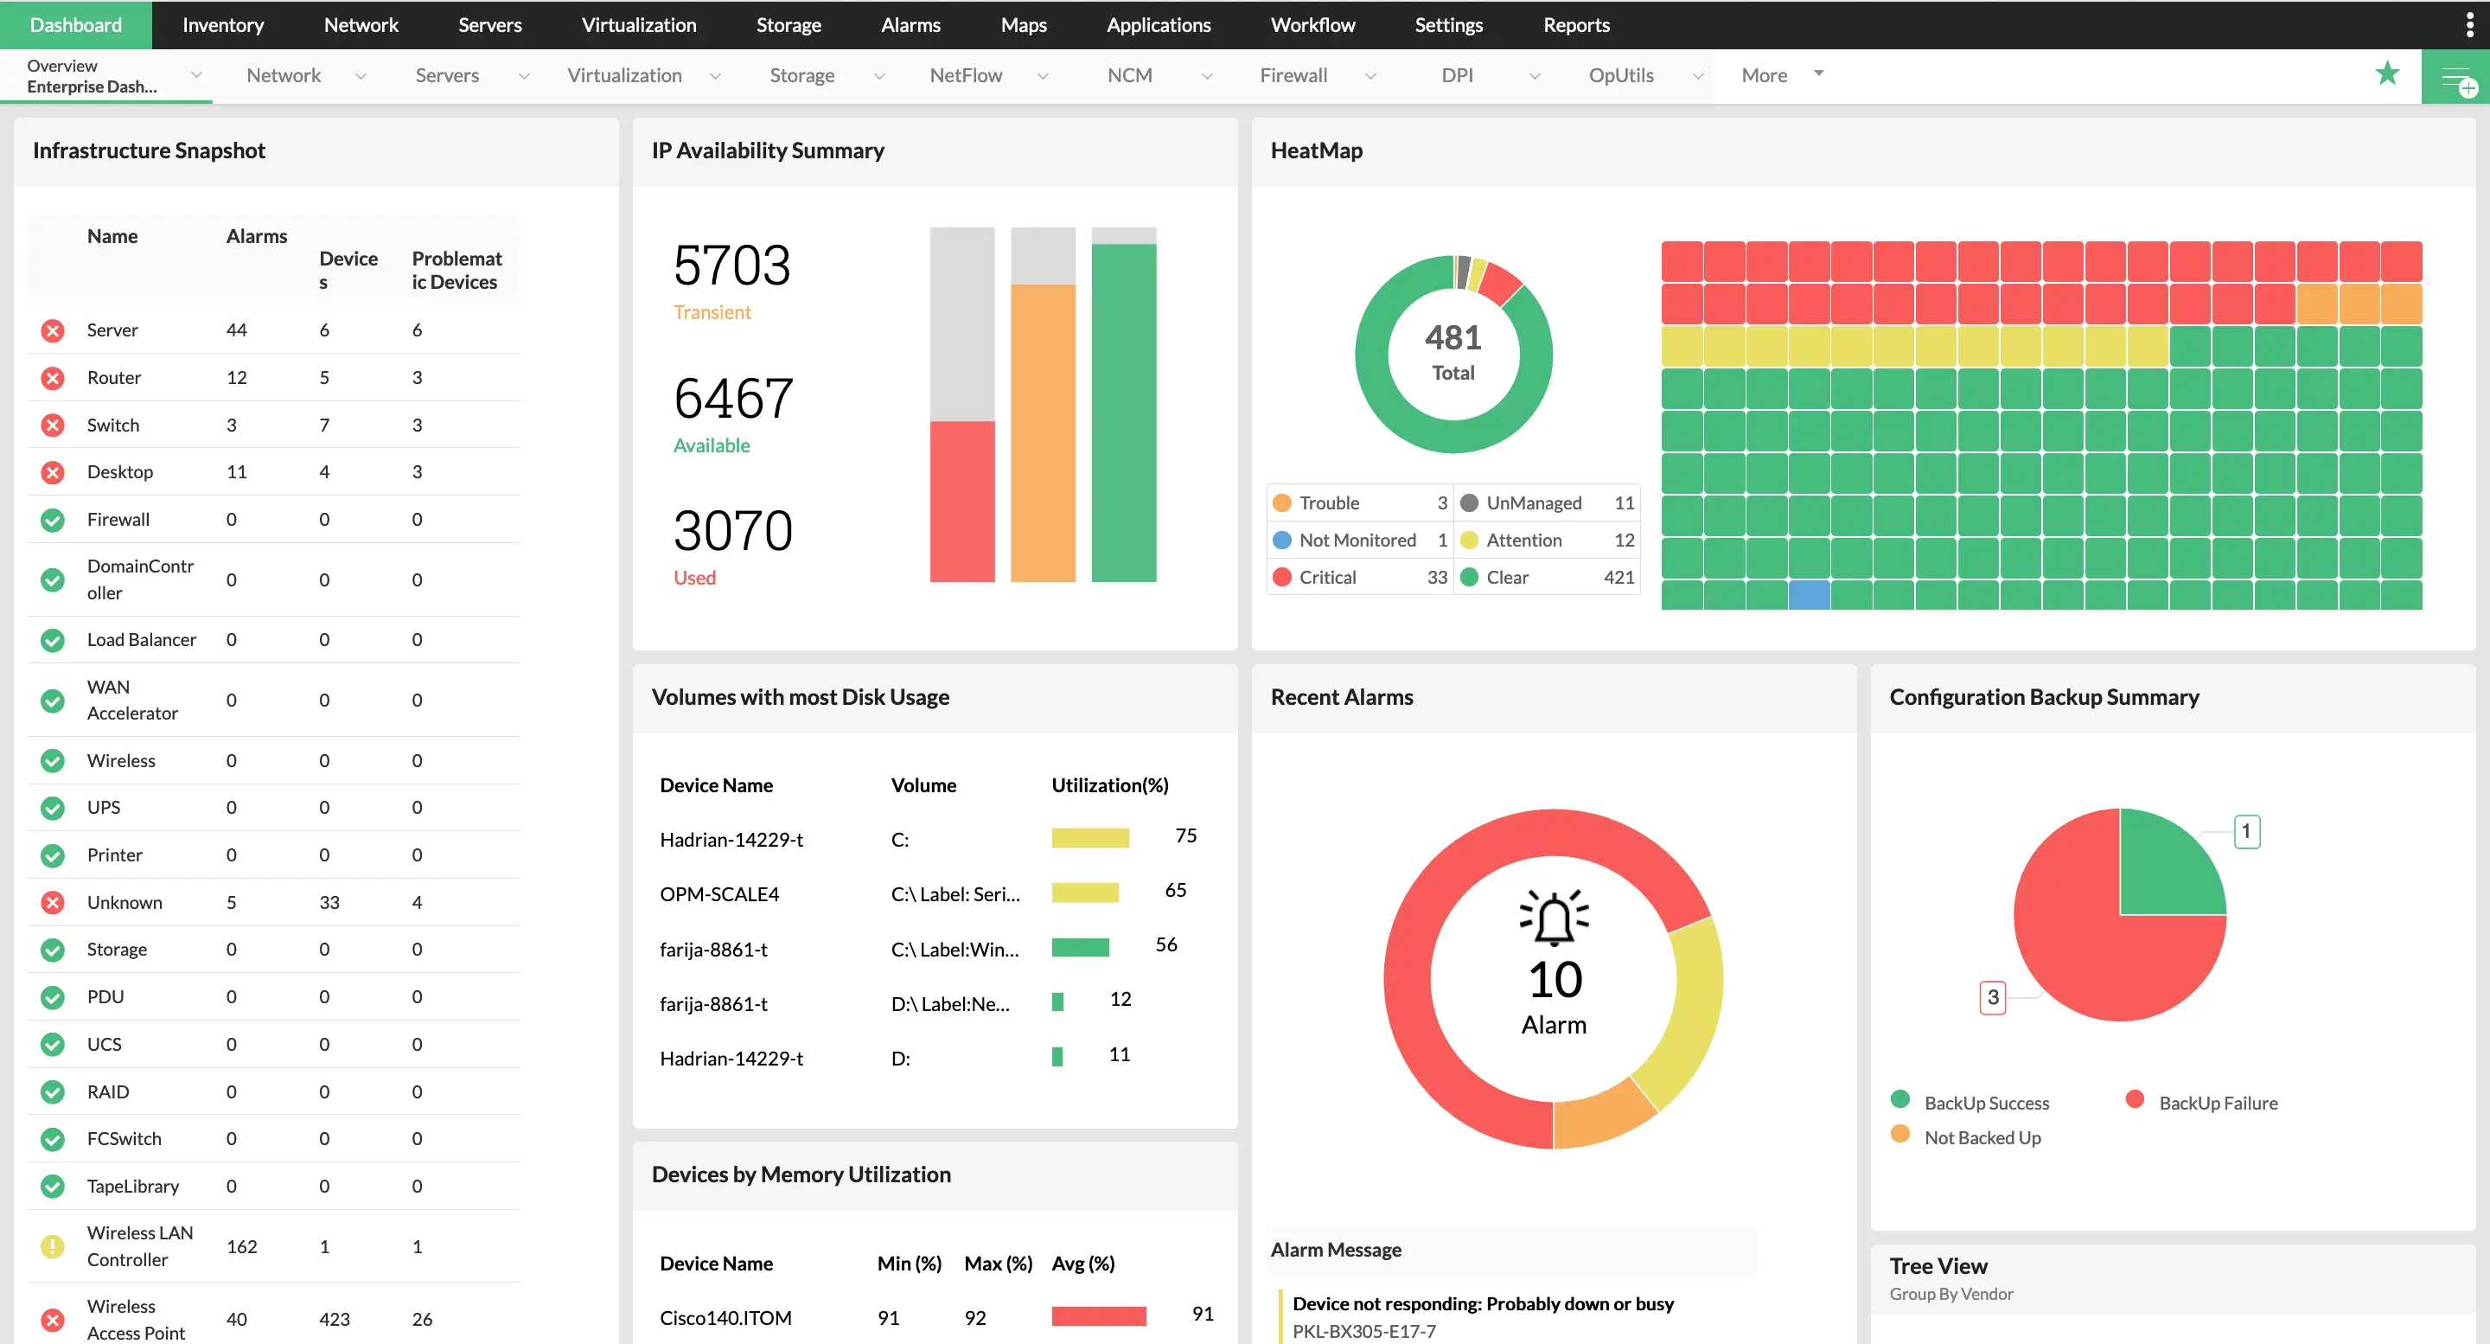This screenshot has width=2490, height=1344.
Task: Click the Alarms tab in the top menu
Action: (x=910, y=25)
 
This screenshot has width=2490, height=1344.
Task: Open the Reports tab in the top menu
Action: (x=1575, y=25)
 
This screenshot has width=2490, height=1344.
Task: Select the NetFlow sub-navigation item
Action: (x=965, y=75)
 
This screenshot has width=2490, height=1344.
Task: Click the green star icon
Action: (x=2386, y=74)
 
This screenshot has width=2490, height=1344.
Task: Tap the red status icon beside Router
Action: (x=53, y=378)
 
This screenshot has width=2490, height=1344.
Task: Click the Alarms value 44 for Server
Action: (x=236, y=330)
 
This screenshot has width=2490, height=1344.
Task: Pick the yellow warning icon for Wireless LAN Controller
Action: (x=53, y=1246)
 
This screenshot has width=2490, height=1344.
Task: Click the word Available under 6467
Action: (x=712, y=445)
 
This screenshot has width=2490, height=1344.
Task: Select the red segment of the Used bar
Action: (x=961, y=501)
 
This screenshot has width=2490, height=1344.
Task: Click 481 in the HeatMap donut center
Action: (x=1452, y=338)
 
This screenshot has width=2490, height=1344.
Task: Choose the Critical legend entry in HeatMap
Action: (x=1327, y=577)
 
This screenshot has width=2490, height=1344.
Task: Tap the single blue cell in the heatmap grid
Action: (x=1809, y=593)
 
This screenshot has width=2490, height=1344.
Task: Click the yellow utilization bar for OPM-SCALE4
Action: (x=1084, y=893)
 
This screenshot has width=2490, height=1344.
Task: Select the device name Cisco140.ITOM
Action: (x=725, y=1318)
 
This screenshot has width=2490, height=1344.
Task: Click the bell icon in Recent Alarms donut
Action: (x=1554, y=918)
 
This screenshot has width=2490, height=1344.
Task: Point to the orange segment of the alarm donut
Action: (x=1605, y=1114)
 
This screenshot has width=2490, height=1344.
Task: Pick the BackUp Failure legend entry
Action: (x=2218, y=1104)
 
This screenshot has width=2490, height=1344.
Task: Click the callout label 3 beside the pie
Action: (x=1992, y=997)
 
